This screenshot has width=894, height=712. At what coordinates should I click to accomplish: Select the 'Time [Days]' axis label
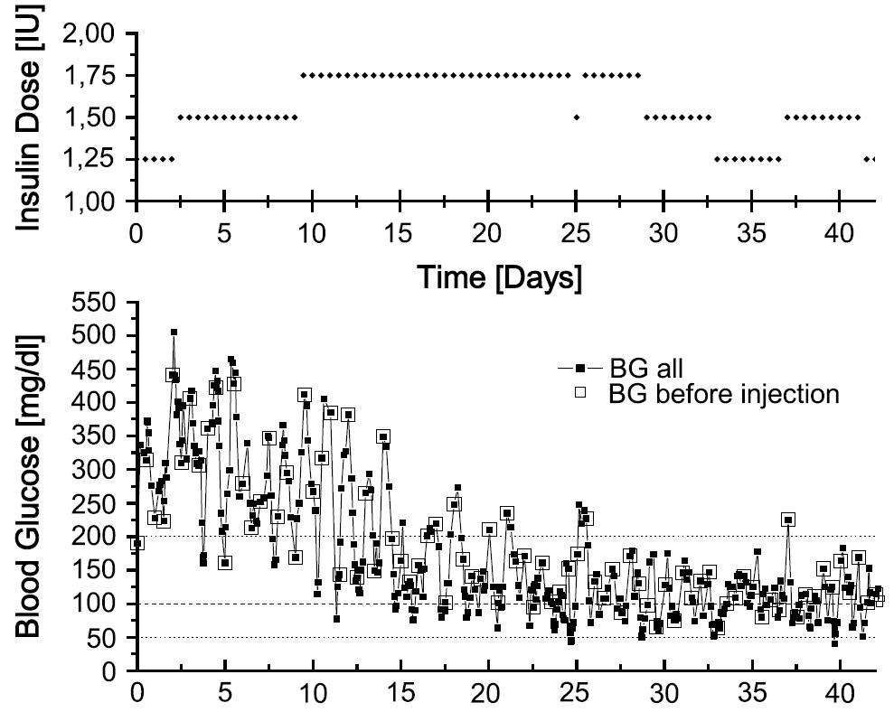498,278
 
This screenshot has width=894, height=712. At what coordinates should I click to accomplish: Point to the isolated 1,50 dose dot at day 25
577,117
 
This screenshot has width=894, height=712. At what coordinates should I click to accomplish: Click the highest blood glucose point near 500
174,333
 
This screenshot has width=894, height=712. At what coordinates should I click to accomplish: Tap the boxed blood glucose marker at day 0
137,543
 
